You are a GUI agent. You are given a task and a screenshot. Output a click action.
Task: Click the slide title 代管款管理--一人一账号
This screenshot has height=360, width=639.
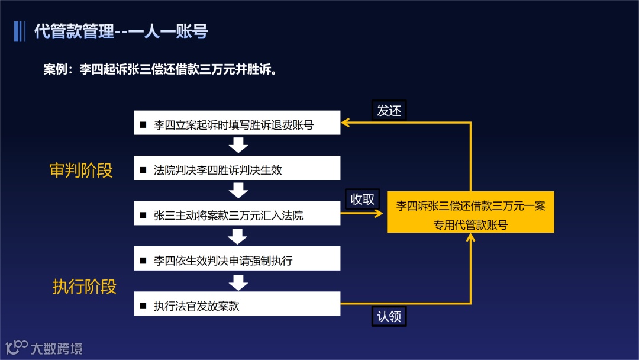[121, 31]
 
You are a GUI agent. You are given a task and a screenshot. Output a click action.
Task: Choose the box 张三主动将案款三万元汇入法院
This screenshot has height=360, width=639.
[237, 214]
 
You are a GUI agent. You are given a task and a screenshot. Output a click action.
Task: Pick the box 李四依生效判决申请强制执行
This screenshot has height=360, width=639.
[237, 259]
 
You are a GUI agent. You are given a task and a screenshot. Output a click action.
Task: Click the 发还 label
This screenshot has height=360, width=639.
[389, 110]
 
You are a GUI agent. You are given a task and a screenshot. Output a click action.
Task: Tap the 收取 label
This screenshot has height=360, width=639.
[363, 199]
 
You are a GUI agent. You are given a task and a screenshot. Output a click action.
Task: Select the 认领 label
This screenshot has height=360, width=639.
[389, 316]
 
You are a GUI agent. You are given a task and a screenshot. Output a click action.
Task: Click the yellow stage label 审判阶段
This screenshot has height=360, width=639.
[81, 171]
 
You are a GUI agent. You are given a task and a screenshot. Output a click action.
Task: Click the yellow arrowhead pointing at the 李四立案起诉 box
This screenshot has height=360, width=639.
[346, 123]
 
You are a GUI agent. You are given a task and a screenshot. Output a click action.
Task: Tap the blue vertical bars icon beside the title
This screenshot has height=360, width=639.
[20, 31]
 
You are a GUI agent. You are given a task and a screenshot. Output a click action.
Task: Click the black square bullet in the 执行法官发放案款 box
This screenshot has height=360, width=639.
[143, 306]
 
